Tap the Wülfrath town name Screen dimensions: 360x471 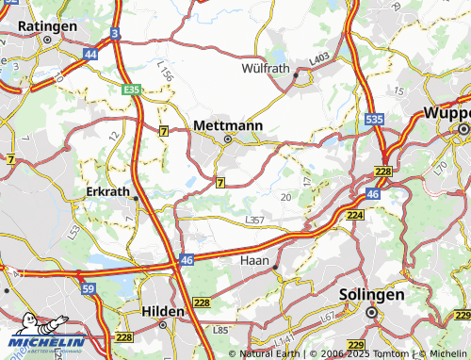[267, 68]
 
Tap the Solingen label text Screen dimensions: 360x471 [371, 295]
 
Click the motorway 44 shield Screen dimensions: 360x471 [90, 55]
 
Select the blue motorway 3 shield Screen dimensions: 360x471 [114, 33]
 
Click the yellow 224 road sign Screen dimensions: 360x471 [355, 215]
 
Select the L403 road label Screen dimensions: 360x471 [318, 58]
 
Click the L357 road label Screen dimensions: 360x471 [254, 220]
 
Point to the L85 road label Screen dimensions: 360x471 [221, 330]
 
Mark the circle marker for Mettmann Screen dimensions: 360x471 [227, 140]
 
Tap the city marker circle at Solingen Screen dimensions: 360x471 [371, 312]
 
